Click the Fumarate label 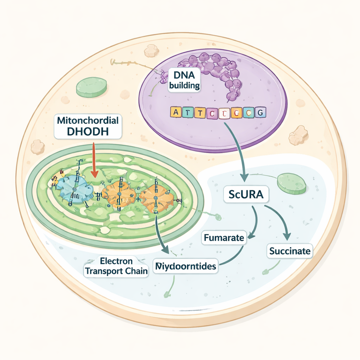224,238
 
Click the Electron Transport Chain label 116,266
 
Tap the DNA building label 184,80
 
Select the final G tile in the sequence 261,112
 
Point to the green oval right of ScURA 291,183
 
